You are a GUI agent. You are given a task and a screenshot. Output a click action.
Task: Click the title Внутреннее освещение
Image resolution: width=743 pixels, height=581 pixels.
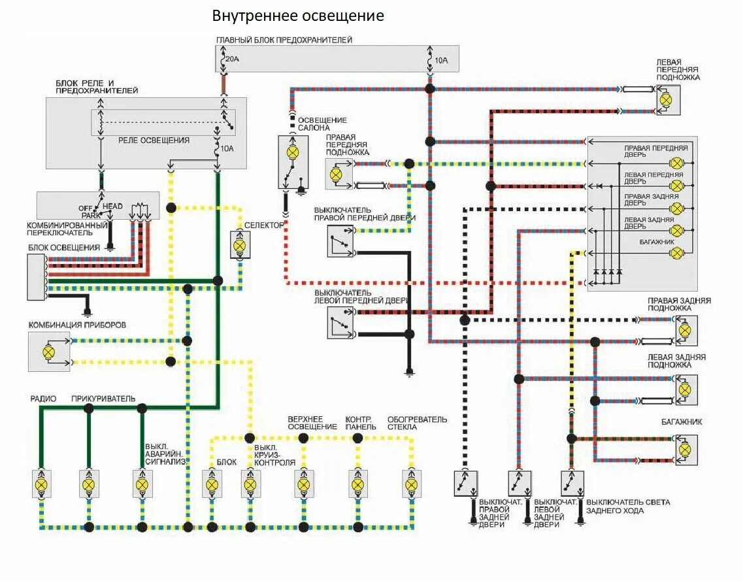point(298,16)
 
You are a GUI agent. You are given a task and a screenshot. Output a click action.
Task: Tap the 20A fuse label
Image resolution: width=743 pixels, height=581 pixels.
point(232,59)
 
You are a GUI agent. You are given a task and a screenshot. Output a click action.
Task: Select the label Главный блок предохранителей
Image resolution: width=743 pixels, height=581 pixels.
point(284,40)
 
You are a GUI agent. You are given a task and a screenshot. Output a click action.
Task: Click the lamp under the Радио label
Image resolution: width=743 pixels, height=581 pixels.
point(41,484)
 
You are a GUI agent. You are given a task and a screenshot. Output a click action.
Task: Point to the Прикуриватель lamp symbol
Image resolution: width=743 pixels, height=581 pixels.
point(89,484)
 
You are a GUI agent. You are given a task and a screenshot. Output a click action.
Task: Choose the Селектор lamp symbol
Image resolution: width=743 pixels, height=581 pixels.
point(239,244)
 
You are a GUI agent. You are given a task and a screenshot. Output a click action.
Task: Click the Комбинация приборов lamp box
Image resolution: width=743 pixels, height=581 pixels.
point(48,352)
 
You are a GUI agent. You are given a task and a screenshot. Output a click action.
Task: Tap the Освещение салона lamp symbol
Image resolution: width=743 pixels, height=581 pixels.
point(292,152)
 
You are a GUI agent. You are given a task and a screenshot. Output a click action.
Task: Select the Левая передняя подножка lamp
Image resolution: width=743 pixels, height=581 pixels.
point(667,100)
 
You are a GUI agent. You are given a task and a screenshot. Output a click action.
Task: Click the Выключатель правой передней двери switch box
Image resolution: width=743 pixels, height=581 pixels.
point(340,241)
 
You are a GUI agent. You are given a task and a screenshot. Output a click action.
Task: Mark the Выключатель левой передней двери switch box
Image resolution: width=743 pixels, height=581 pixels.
point(340,323)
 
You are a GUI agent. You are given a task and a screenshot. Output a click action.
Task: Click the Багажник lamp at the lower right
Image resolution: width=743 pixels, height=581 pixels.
point(684,450)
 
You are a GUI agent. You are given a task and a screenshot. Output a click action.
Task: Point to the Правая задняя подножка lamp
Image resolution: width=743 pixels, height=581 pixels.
point(684,330)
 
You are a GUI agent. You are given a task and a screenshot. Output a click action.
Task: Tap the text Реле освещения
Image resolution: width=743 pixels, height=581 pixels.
point(154,140)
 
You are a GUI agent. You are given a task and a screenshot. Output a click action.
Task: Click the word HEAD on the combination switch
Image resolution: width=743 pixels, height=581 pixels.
point(112,207)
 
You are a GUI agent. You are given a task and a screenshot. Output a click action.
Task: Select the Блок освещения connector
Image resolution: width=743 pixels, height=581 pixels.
point(37,276)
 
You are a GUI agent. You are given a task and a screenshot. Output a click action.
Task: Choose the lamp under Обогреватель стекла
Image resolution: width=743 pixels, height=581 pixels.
point(411,484)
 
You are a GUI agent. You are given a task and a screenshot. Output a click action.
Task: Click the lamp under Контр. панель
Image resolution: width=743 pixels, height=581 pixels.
point(357,484)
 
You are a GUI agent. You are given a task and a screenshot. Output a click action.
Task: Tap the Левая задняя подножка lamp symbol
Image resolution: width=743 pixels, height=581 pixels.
point(684,390)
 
